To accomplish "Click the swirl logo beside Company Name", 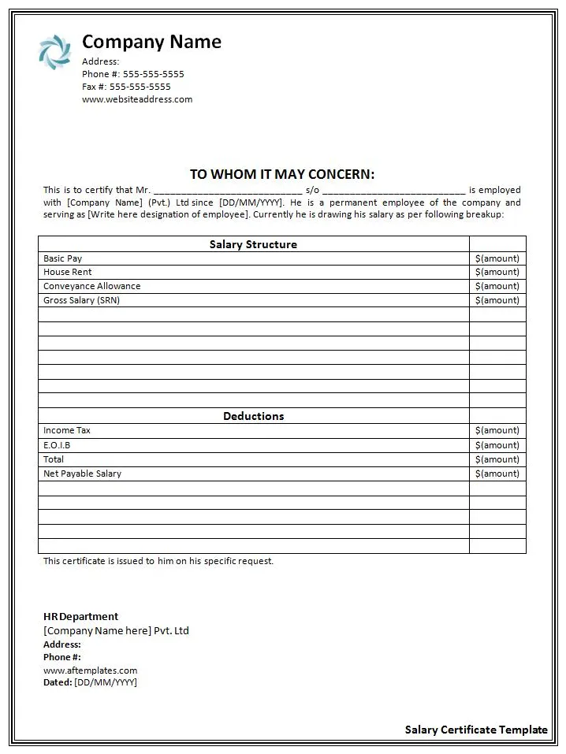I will [54, 51].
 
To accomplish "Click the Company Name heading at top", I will [151, 42].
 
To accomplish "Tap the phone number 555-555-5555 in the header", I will [153, 74].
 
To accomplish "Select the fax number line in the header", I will [126, 87].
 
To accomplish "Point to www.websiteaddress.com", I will [137, 99].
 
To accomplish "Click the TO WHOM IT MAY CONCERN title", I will [282, 174].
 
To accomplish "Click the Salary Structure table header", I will [253, 244].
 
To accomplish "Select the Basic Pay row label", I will [63, 258].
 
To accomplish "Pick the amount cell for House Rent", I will [497, 273].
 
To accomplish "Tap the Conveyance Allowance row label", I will [92, 286].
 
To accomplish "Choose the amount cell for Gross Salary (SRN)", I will [497, 300].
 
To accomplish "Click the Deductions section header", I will [253, 416].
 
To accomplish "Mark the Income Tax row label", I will [67, 430].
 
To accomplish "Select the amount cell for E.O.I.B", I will [497, 445].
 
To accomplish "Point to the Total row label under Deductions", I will [54, 459].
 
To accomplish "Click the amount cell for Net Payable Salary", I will [497, 474].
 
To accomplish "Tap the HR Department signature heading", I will [80, 617].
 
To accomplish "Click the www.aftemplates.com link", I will [90, 670].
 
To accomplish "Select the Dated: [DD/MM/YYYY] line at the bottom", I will [90, 682].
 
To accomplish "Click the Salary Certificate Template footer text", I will [476, 730].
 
